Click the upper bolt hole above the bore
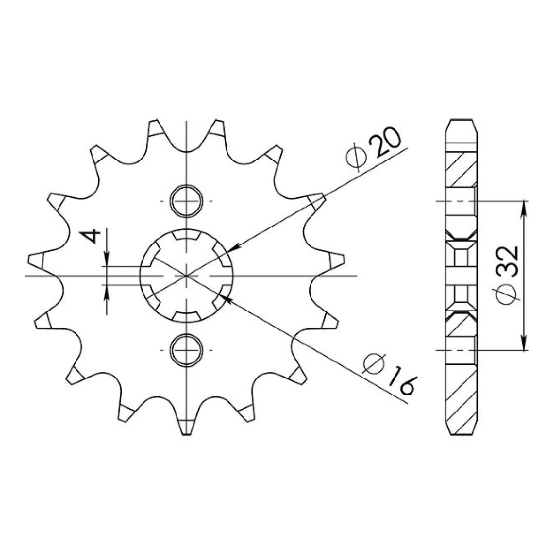pyautogui.click(x=187, y=201)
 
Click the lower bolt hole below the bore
pyautogui.click(x=187, y=350)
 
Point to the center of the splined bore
pyautogui.click(x=187, y=276)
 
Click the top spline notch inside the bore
pyautogui.click(x=187, y=237)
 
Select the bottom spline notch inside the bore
pyautogui.click(x=187, y=315)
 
